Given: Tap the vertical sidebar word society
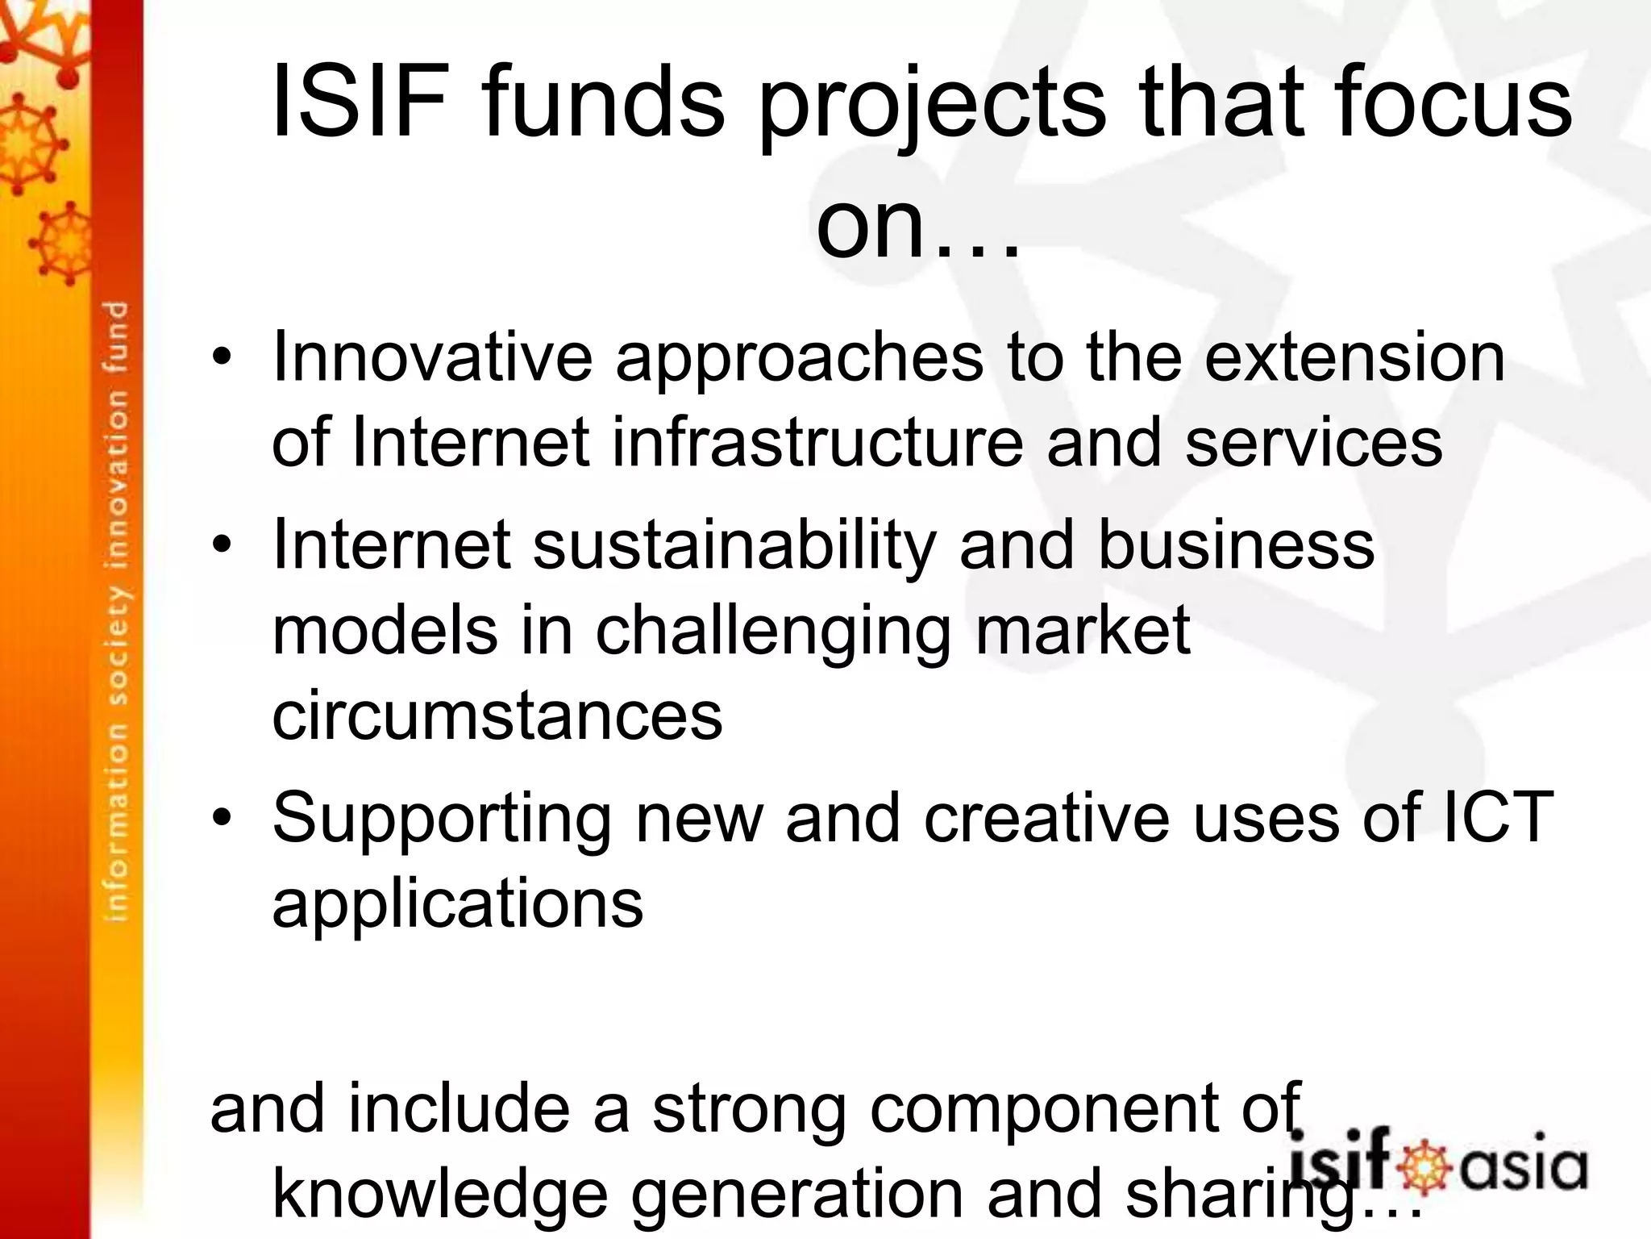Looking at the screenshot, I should tap(118, 646).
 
